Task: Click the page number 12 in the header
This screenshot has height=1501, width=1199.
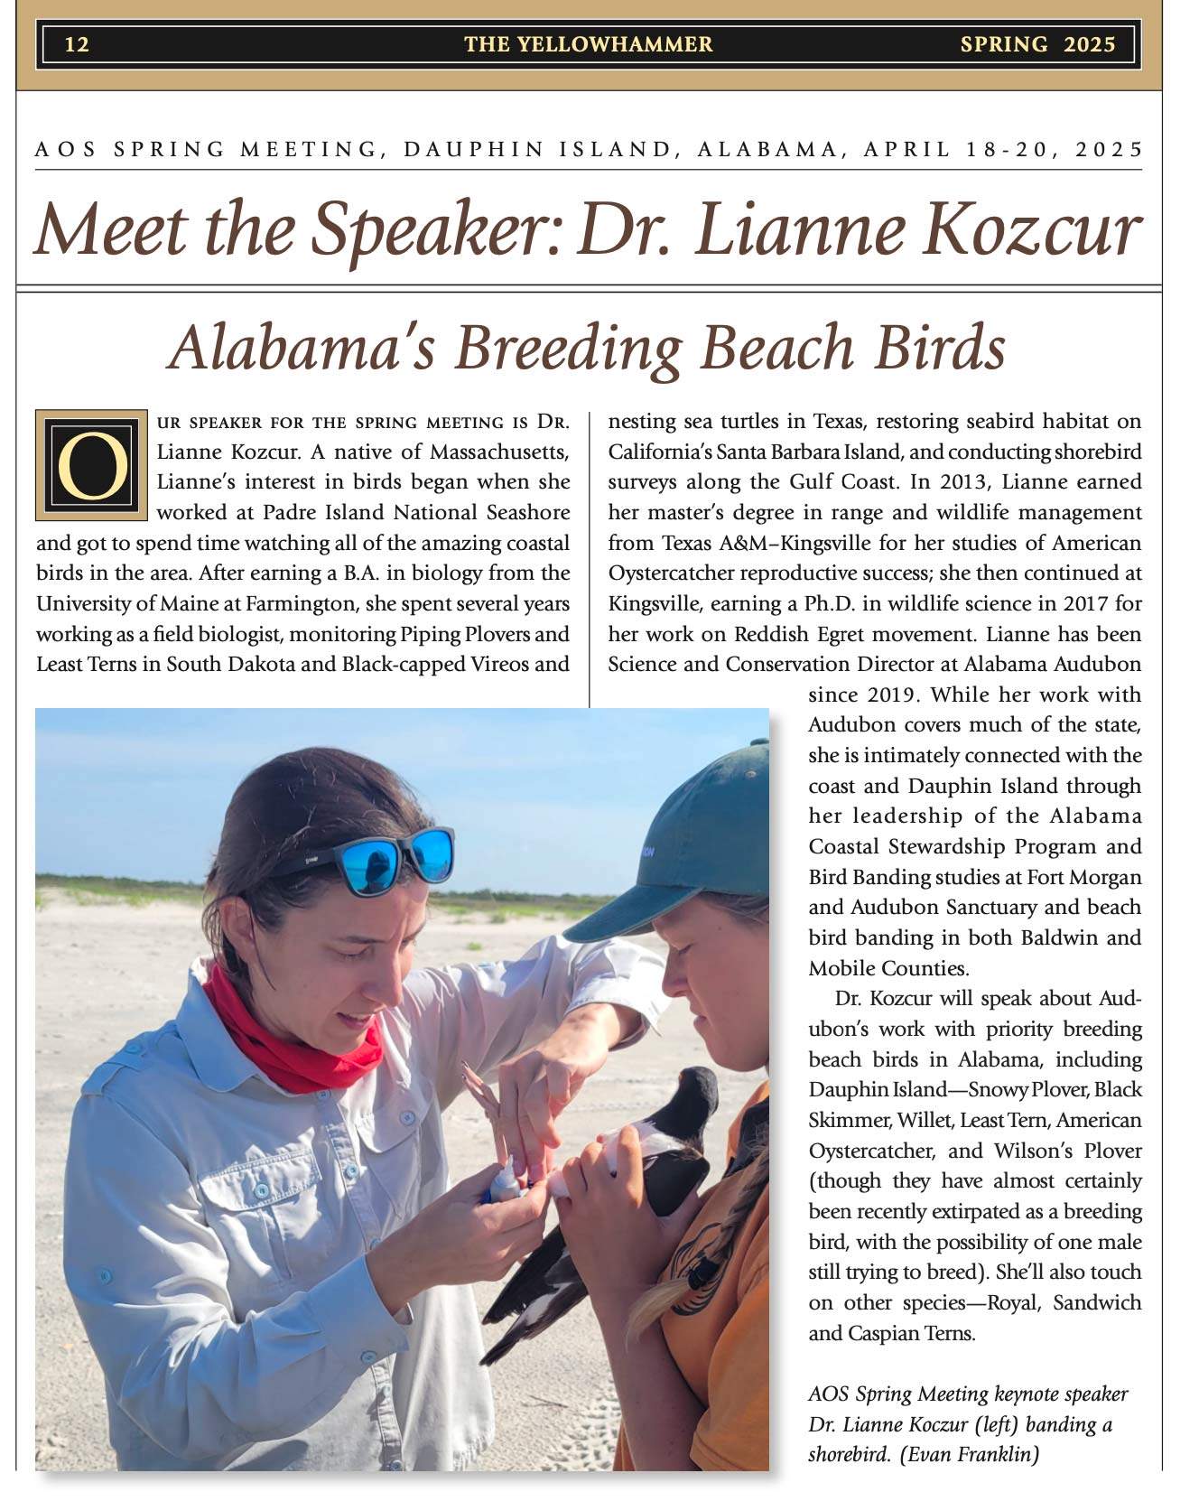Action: pyautogui.click(x=77, y=44)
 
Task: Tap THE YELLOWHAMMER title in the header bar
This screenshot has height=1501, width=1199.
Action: pyautogui.click(x=588, y=44)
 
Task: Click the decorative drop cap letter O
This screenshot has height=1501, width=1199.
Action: pyautogui.click(x=91, y=465)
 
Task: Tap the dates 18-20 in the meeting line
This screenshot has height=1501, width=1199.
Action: pyautogui.click(x=1003, y=149)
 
